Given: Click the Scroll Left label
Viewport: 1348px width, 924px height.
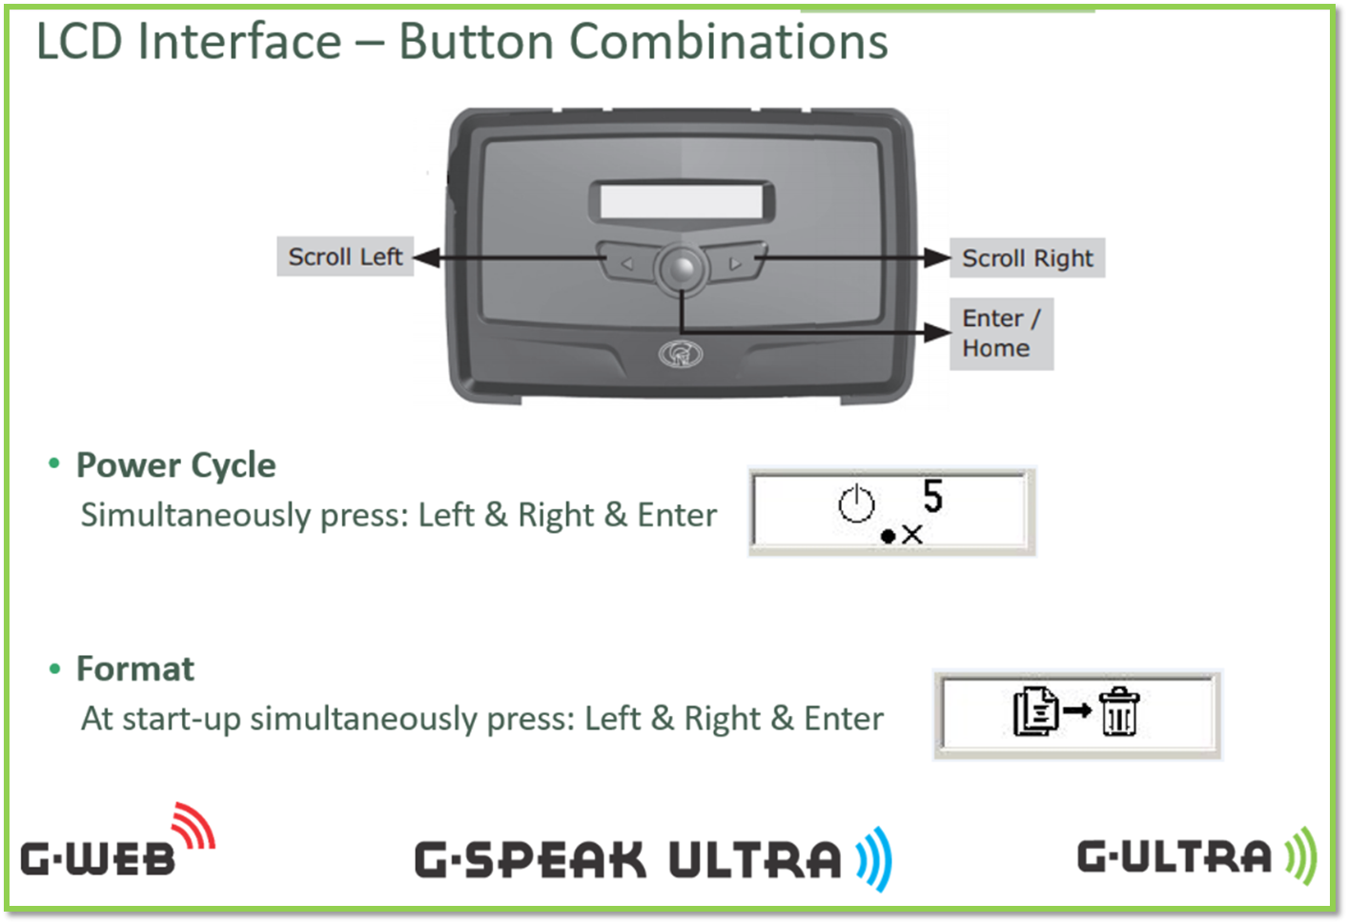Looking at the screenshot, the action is pos(345,257).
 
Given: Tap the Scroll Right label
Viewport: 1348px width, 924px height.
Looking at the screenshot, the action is pos(1028,257).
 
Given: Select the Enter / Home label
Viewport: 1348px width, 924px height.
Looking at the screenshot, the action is pos(1001,334).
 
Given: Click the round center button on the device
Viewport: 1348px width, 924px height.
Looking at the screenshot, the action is pos(682,269).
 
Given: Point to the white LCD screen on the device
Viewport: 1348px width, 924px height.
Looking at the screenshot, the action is pos(682,201).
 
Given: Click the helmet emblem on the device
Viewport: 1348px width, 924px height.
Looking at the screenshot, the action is pos(681,354).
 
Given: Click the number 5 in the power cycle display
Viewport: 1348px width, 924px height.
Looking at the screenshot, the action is pos(932,496).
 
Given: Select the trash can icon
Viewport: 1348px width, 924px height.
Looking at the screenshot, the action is pos(1118,711).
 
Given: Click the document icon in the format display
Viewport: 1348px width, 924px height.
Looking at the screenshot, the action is pos(1035,711).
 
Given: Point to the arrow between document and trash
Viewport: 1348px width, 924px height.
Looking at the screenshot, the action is pos(1077,711).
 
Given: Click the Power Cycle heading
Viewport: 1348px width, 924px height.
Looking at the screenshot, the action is pos(175,465).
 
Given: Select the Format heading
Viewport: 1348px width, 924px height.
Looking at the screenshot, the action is pos(135,668).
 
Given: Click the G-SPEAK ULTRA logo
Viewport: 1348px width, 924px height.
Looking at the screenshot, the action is pos(654,859).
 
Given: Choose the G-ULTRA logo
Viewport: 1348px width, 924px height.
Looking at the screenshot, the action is pos(1197,855).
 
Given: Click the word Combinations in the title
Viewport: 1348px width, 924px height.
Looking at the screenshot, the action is pos(728,41).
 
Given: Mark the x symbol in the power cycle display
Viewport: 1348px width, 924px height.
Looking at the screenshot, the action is pos(912,534).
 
